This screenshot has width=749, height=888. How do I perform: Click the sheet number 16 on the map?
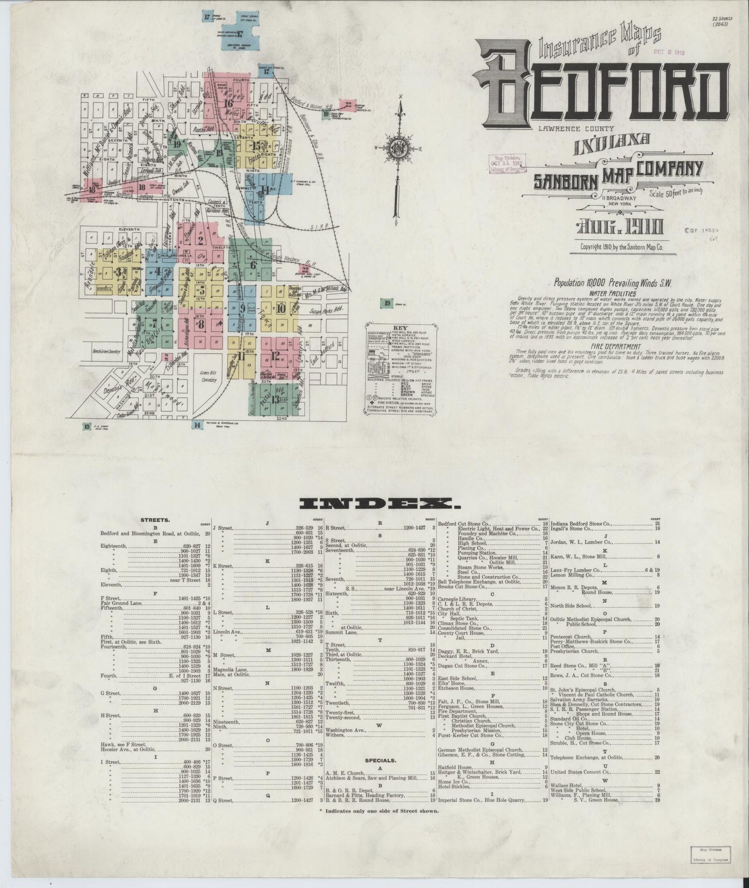coord(227,103)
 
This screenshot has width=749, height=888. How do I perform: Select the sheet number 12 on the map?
coord(275,355)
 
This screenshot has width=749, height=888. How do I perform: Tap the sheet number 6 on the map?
coord(253,265)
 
